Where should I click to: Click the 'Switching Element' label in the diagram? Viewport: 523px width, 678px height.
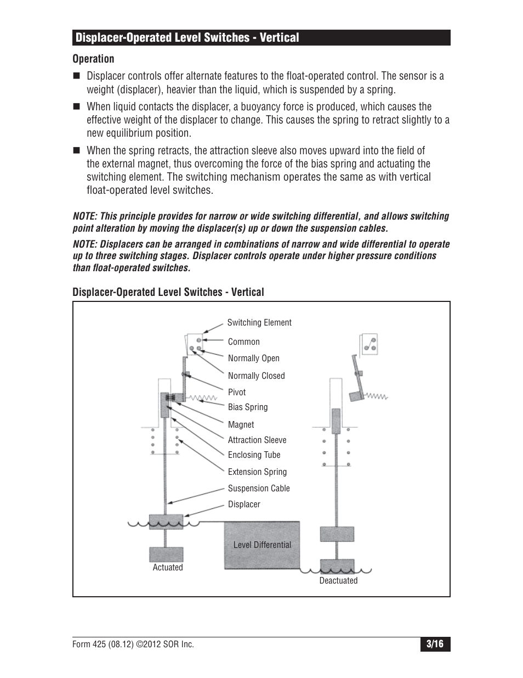(x=259, y=323)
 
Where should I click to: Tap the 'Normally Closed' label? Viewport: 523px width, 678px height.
(x=256, y=376)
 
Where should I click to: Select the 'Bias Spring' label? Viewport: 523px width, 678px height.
(x=248, y=407)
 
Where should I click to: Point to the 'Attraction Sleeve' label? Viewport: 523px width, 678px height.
(x=257, y=440)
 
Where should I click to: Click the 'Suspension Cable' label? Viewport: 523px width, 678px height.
(x=259, y=489)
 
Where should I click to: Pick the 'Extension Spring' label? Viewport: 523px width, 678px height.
(x=257, y=472)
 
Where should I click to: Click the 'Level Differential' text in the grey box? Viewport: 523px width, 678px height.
(x=262, y=545)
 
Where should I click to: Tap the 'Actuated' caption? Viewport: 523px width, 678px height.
(x=168, y=568)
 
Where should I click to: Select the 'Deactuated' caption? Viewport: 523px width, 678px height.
(x=338, y=581)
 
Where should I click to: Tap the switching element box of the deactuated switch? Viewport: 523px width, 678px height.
(x=369, y=344)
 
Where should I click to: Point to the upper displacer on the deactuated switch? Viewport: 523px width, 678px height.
(x=337, y=534)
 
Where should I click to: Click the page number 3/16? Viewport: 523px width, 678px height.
(x=435, y=644)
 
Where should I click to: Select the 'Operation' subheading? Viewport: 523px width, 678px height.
(x=94, y=59)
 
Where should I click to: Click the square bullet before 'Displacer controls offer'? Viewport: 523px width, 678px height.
(x=76, y=76)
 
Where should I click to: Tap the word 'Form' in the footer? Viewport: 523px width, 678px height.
(x=82, y=645)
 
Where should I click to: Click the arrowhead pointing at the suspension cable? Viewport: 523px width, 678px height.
(x=170, y=502)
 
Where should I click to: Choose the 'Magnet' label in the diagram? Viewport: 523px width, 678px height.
(x=241, y=425)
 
